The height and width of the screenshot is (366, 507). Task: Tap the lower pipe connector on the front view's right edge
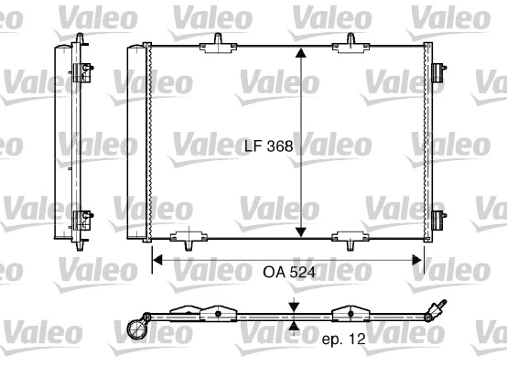[439, 219]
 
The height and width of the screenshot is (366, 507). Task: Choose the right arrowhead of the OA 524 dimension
[420, 260]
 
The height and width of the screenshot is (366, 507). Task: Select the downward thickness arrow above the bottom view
[294, 308]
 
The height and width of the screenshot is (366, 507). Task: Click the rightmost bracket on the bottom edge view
[351, 313]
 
